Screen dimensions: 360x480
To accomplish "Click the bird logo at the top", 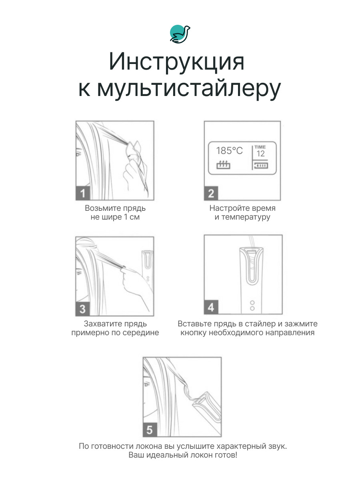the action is pyautogui.click(x=180, y=34).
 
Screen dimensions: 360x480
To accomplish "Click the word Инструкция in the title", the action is pyautogui.click(x=177, y=62).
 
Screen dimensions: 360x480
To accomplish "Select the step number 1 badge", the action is pyautogui.click(x=83, y=193).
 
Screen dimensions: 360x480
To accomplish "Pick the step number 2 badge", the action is pyautogui.click(x=211, y=193).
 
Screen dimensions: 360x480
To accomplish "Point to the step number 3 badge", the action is pyautogui.click(x=83, y=309).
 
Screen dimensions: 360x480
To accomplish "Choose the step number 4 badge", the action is pyautogui.click(x=211, y=307).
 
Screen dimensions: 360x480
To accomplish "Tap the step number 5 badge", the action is pyautogui.click(x=150, y=430).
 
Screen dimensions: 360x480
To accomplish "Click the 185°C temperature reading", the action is pyautogui.click(x=229, y=151).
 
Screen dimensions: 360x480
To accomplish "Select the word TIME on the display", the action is pyautogui.click(x=260, y=147).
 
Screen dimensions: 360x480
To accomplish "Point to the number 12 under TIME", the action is pyautogui.click(x=260, y=154).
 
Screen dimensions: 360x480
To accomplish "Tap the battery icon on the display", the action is pyautogui.click(x=261, y=165).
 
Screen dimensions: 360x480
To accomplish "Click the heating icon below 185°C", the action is pyautogui.click(x=223, y=165).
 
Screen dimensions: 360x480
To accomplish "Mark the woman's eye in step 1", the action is pyautogui.click(x=78, y=154).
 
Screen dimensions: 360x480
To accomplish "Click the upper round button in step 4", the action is pyautogui.click(x=252, y=303).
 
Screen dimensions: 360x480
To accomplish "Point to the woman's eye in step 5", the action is pyautogui.click(x=147, y=384).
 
